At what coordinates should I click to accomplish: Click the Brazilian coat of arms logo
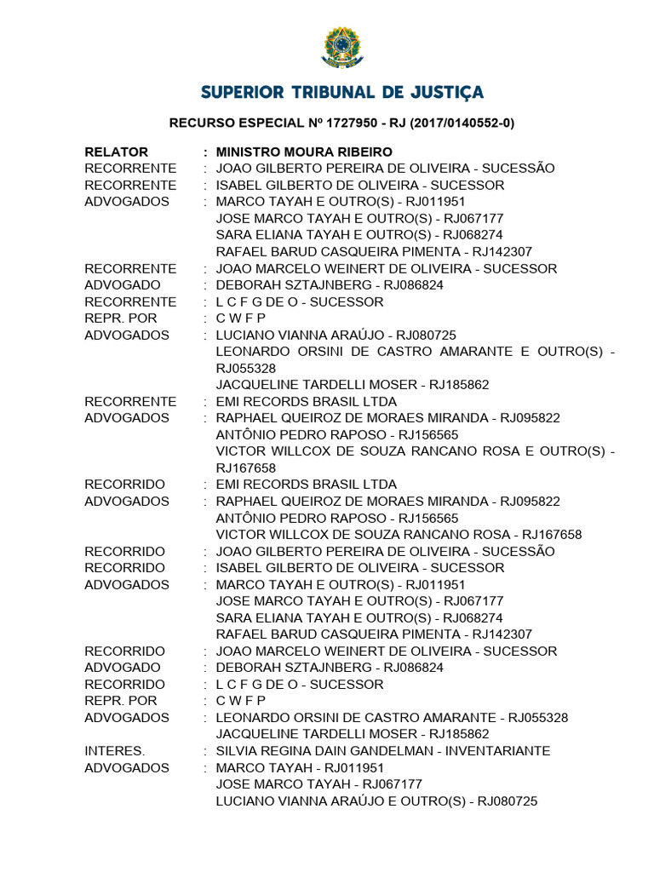click(x=341, y=49)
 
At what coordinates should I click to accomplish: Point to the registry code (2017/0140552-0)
click(x=462, y=123)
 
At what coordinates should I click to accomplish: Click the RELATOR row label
click(x=117, y=152)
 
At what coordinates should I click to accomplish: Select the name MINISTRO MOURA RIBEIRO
click(x=304, y=152)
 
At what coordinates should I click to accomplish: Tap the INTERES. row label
click(x=115, y=751)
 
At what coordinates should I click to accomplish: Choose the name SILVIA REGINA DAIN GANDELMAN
click(x=329, y=751)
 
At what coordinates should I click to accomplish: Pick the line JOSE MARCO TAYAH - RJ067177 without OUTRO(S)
click(x=319, y=784)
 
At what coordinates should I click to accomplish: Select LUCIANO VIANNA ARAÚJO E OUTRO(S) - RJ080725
click(x=376, y=801)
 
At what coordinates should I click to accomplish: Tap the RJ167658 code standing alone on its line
click(x=246, y=468)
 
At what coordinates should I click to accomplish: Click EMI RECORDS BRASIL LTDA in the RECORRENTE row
click(x=307, y=402)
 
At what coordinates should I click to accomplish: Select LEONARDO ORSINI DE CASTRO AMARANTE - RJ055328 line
click(x=392, y=718)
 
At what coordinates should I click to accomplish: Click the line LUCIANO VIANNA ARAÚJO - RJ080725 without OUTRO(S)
click(x=336, y=336)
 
